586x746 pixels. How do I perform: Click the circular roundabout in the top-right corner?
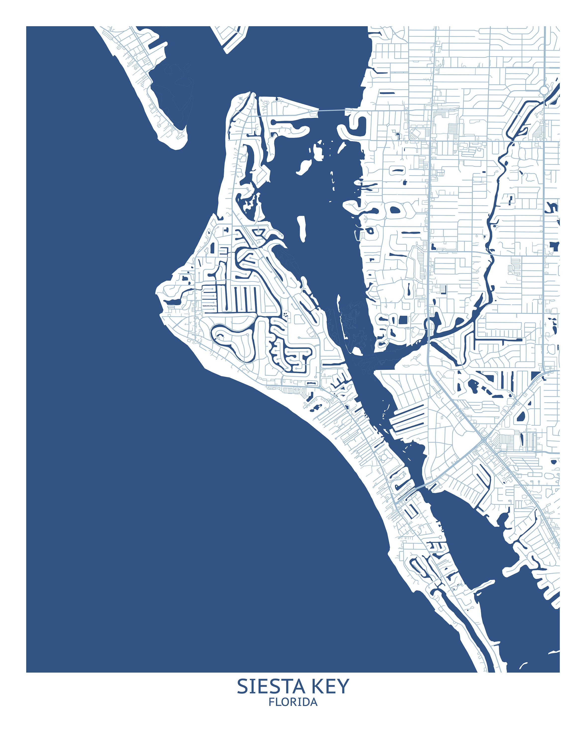click(544, 90)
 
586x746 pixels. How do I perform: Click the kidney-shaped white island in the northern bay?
click(304, 166)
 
